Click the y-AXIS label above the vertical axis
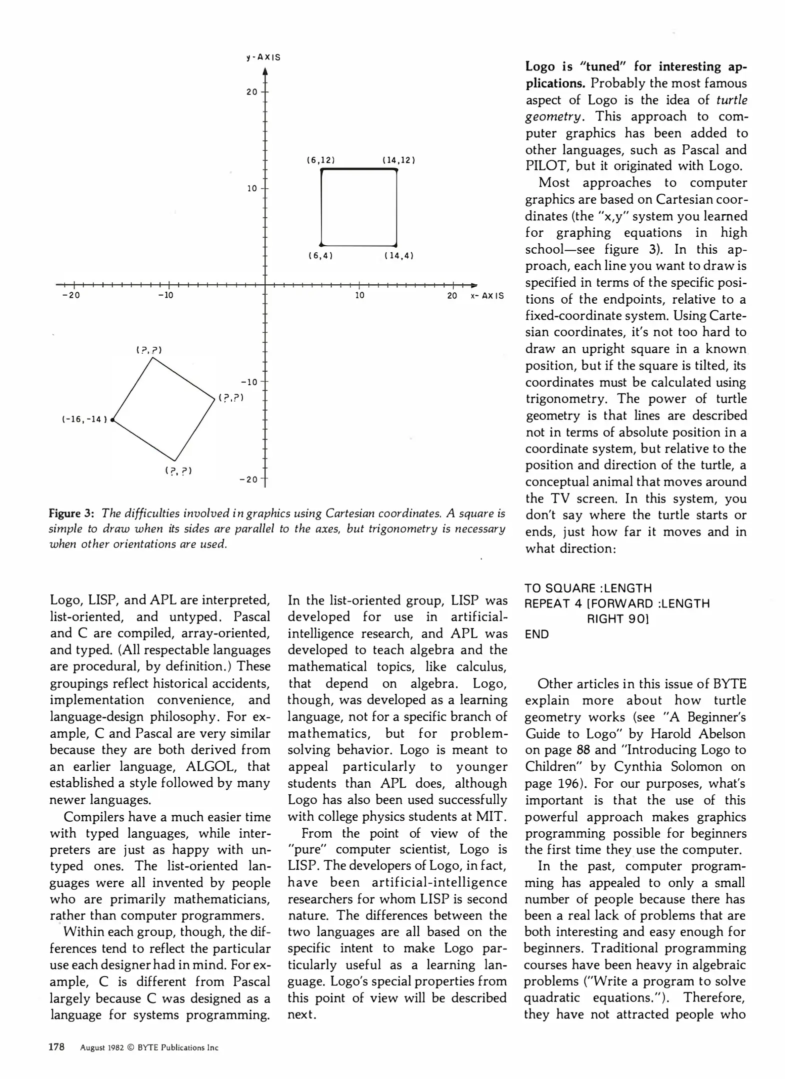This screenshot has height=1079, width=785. [x=263, y=57]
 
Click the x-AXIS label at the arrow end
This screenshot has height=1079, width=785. [x=487, y=296]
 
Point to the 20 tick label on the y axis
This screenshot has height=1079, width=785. [x=252, y=92]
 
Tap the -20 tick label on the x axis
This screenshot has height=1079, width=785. [x=70, y=295]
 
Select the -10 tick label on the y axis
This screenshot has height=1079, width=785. [x=248, y=382]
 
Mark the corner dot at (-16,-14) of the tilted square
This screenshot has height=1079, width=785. [x=113, y=420]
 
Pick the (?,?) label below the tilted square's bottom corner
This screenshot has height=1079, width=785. [x=178, y=471]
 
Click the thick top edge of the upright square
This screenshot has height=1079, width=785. [x=358, y=170]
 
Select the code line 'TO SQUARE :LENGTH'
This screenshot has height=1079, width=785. [x=588, y=588]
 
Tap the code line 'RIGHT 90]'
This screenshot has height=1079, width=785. [x=617, y=619]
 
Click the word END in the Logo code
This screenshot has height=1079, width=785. [x=536, y=634]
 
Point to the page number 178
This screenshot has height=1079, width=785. [x=56, y=1047]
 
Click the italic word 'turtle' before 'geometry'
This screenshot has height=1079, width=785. [x=731, y=100]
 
